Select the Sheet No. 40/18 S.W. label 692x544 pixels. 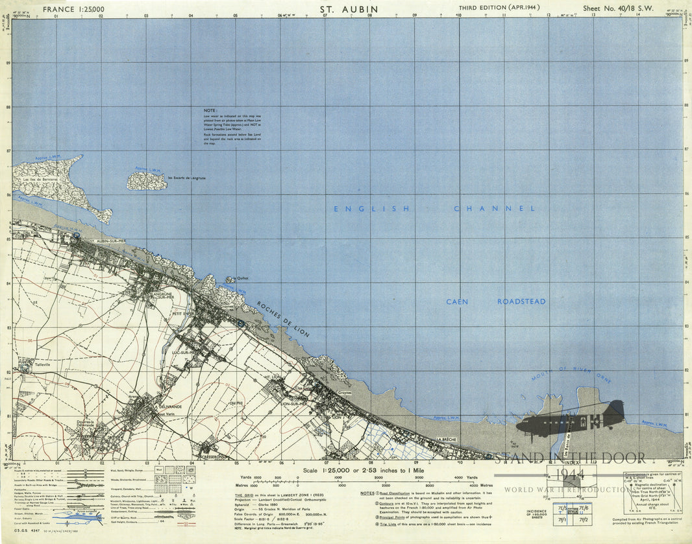[x=617, y=9]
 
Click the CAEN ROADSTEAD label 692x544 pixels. [x=495, y=302]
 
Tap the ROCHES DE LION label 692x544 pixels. [x=282, y=318]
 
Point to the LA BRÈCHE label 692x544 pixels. [x=447, y=440]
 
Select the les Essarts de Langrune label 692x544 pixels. [x=186, y=178]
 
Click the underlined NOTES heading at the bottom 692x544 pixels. [x=366, y=493]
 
